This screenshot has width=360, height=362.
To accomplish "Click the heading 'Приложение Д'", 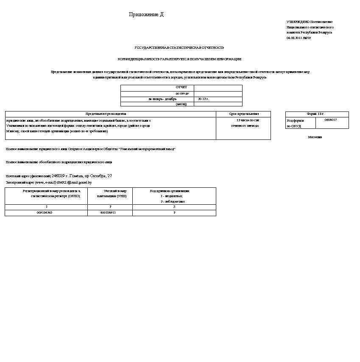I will [146, 15].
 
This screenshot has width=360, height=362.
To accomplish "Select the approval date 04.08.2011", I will [294, 38].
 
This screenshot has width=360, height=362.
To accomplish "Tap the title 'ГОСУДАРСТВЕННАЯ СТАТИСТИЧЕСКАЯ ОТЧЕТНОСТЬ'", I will [179, 48].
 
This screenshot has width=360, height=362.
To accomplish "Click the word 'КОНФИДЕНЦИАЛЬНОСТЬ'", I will [132, 59].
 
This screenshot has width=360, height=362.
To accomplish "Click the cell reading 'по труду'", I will [182, 93].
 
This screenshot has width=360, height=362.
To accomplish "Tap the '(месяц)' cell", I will [181, 104].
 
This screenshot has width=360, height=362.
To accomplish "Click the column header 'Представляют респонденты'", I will [106, 114].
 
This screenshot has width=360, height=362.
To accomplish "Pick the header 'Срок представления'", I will [243, 114].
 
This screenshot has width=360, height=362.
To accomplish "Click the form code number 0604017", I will [330, 120].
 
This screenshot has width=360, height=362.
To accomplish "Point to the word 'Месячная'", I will [315, 137].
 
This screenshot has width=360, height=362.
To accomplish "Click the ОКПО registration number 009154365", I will [45, 212].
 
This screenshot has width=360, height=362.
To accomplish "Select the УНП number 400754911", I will [108, 212].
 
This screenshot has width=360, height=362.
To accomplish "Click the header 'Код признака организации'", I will [170, 191].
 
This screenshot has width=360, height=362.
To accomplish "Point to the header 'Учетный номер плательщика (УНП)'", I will [111, 194].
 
